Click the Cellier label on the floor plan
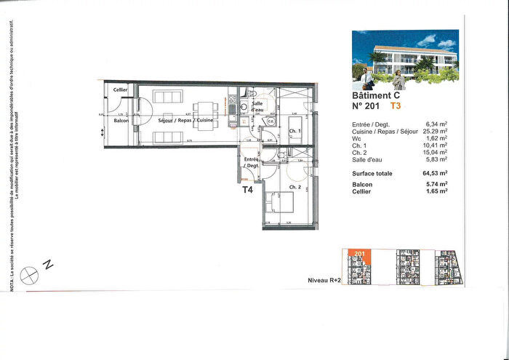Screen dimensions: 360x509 120,89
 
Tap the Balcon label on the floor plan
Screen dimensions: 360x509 121,120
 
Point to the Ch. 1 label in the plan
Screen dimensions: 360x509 294,132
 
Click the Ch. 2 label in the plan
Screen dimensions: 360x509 294,188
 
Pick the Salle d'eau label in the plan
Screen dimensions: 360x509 257,107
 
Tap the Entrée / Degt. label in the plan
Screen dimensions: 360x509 252,162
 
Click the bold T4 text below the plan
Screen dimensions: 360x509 247,190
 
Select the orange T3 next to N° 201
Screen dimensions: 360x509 396,105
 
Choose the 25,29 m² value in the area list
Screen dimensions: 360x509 435,132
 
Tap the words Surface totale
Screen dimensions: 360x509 372,174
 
